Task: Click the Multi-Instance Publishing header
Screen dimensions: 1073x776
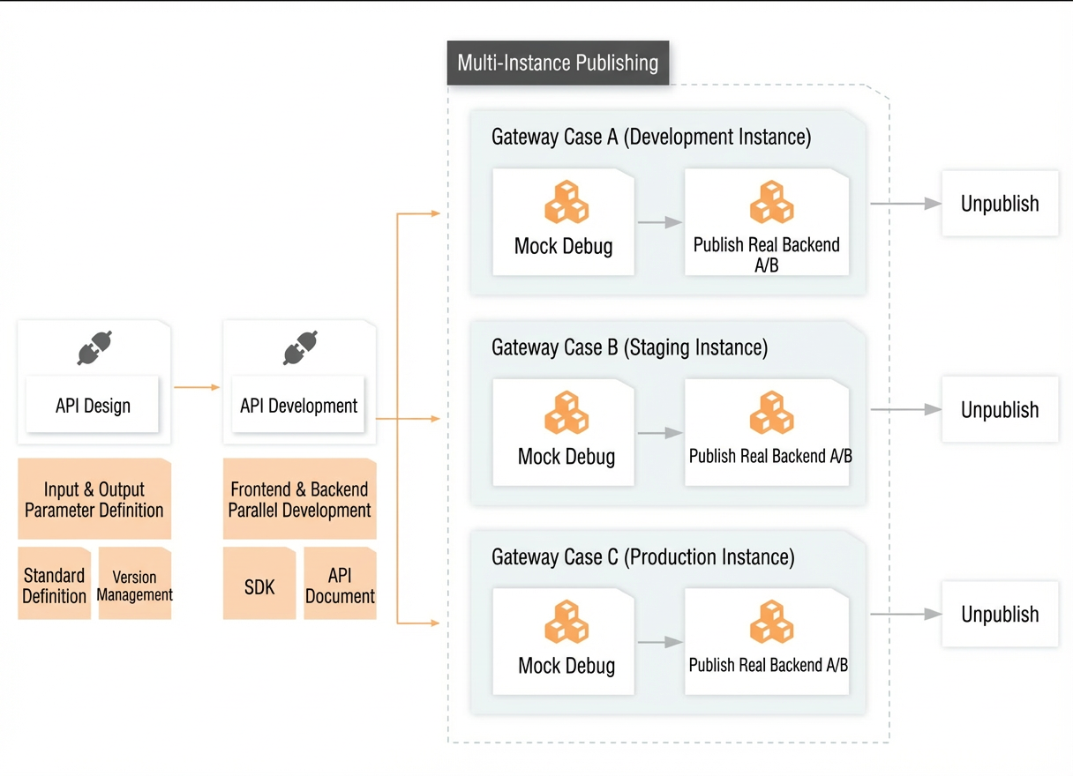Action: (558, 63)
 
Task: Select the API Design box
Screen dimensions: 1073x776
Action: (93, 405)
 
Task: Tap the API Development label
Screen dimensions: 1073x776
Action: (298, 406)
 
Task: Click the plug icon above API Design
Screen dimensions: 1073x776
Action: (94, 347)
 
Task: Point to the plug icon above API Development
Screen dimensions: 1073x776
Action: (300, 347)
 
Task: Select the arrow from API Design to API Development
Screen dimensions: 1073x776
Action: (197, 387)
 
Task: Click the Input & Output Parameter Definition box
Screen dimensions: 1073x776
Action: (94, 499)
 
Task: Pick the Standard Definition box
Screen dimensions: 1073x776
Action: (54, 583)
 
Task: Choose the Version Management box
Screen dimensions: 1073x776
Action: (135, 583)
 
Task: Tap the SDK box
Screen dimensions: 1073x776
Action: (259, 583)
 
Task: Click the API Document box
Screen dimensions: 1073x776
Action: (340, 583)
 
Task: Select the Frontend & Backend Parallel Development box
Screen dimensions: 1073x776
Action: (300, 499)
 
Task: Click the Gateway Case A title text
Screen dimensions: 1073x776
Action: (651, 137)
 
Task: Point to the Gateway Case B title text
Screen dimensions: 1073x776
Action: (629, 347)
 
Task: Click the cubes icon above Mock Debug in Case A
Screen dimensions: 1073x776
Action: (567, 202)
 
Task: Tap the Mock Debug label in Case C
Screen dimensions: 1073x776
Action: (567, 666)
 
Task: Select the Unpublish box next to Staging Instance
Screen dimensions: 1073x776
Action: (1000, 409)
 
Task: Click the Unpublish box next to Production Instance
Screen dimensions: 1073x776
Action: (1000, 615)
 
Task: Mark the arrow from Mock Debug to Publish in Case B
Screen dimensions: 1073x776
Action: (660, 433)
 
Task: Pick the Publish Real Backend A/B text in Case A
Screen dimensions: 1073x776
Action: (767, 255)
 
